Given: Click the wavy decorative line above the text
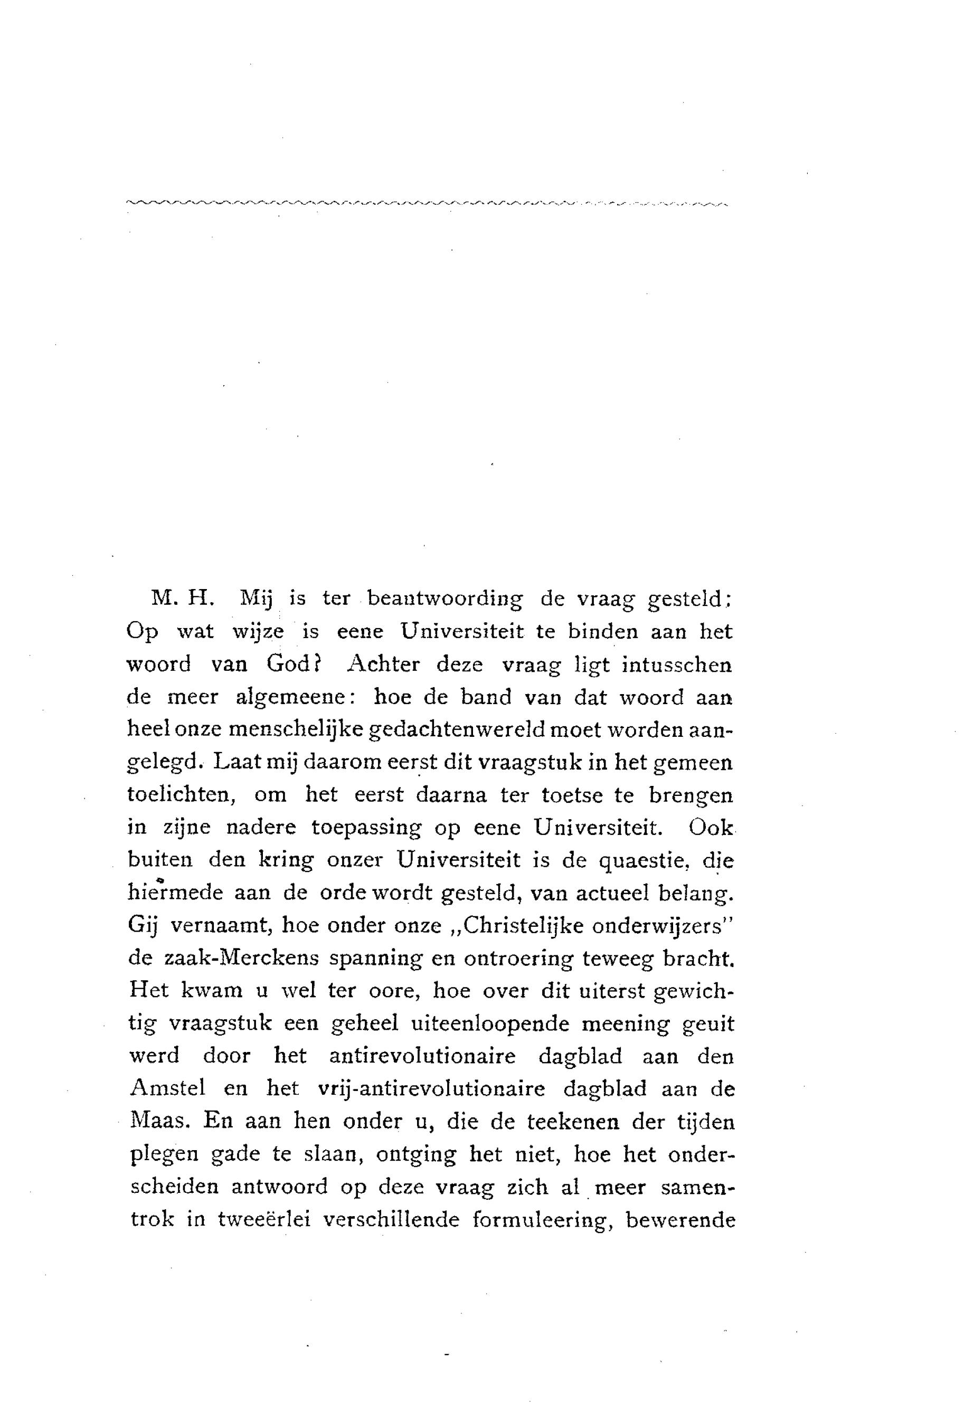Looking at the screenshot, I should click(427, 203).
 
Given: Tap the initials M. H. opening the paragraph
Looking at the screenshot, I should click(181, 598).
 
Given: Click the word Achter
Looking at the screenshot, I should click(383, 664).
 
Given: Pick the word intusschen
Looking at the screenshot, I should click(676, 664).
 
